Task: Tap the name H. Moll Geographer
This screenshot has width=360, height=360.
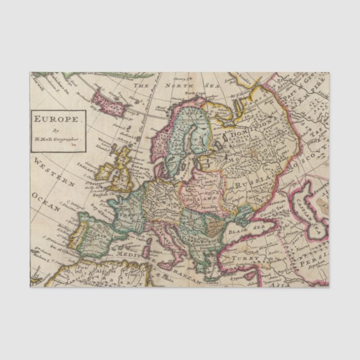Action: click(58, 137)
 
